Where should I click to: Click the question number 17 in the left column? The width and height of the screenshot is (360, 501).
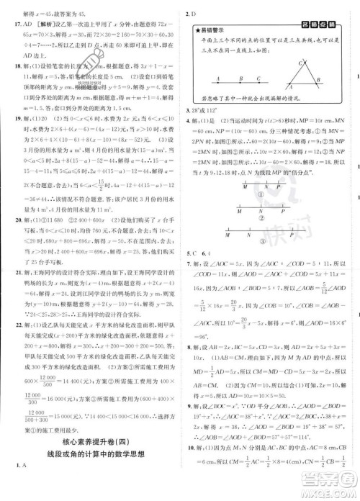pos(6,22)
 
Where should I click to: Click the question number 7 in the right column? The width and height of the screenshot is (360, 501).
pos(189,264)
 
